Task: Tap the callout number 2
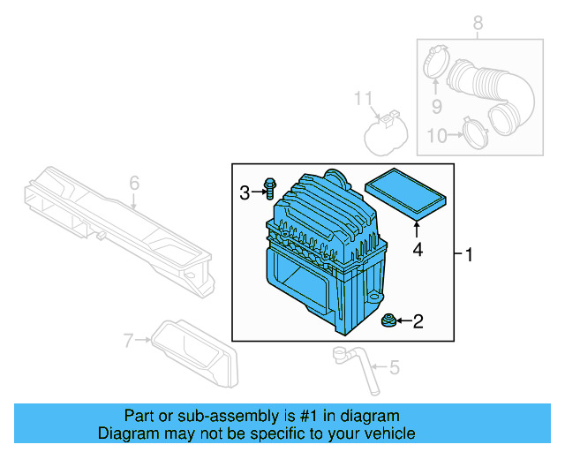[418, 321]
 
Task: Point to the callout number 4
[418, 251]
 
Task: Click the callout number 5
[394, 366]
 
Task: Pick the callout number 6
[134, 183]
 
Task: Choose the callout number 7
[129, 339]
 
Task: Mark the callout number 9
[435, 108]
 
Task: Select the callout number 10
[435, 135]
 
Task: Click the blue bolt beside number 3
[269, 189]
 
